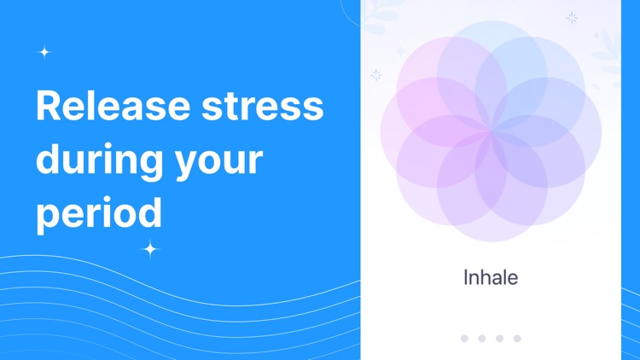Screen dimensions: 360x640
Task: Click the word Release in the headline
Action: pyautogui.click(x=113, y=107)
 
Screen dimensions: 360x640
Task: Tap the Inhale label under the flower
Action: pyautogui.click(x=491, y=277)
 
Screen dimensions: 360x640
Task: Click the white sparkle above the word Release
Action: pyautogui.click(x=44, y=52)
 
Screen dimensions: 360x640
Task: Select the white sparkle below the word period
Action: pyautogui.click(x=150, y=249)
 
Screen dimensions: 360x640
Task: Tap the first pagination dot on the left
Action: pyautogui.click(x=464, y=339)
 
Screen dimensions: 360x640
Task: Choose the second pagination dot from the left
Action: pyautogui.click(x=482, y=339)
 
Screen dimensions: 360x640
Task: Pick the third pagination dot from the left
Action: pyautogui.click(x=500, y=339)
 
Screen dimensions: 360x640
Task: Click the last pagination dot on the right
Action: pyautogui.click(x=517, y=339)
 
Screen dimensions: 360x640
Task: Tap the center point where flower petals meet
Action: pyautogui.click(x=492, y=132)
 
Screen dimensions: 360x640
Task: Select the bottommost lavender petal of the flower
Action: pyautogui.click(x=492, y=209)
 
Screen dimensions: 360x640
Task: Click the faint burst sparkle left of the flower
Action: pyautogui.click(x=375, y=75)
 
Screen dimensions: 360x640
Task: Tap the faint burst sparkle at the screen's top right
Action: pyautogui.click(x=572, y=17)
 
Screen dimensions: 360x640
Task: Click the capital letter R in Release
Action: pyautogui.click(x=50, y=107)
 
